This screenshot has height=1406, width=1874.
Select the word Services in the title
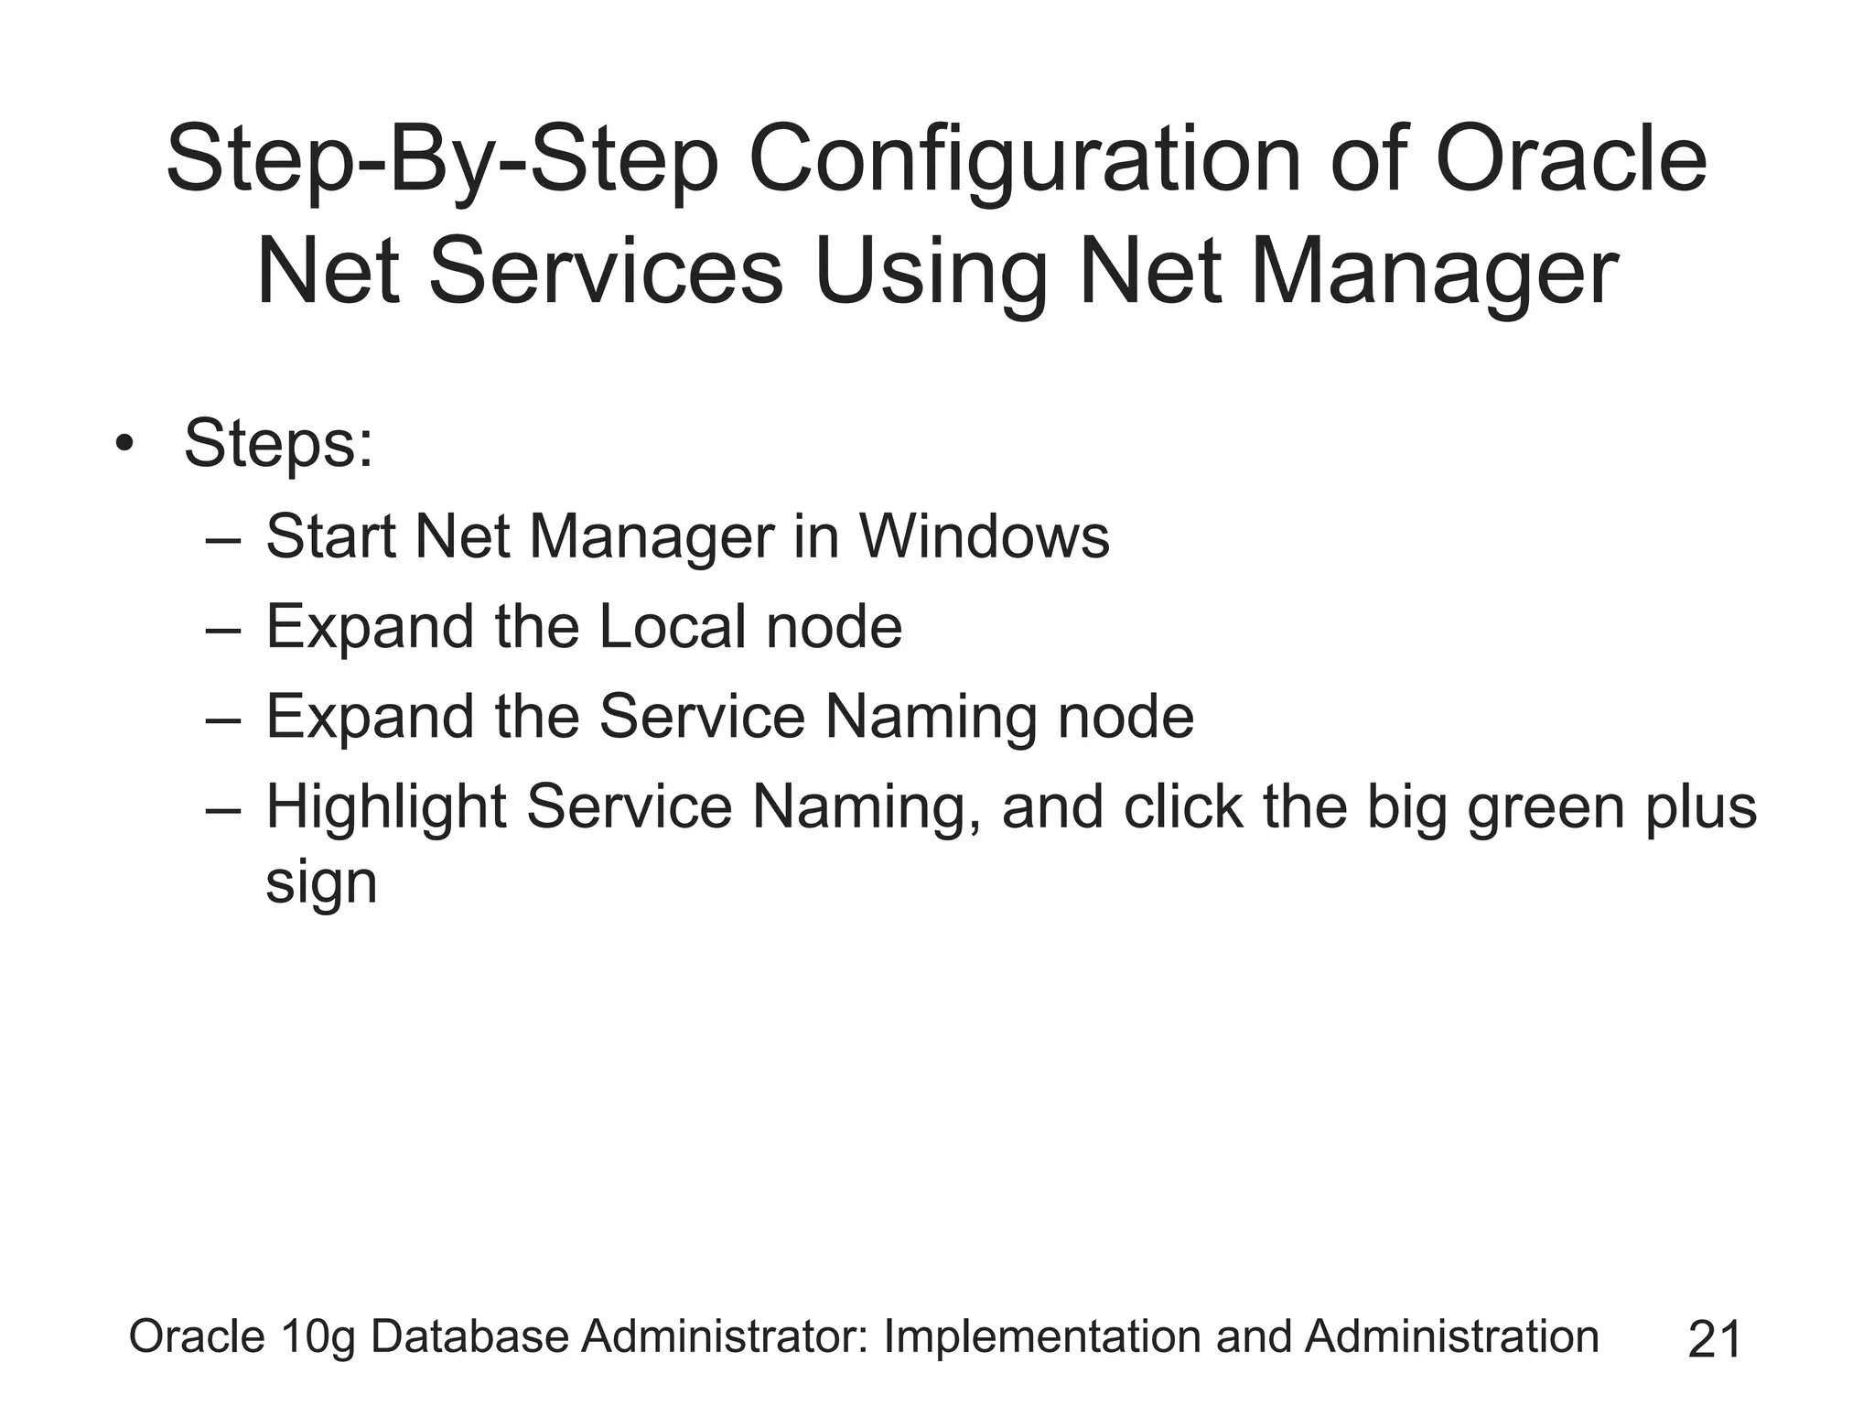pos(606,273)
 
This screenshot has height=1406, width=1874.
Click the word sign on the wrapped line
pos(320,884)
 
